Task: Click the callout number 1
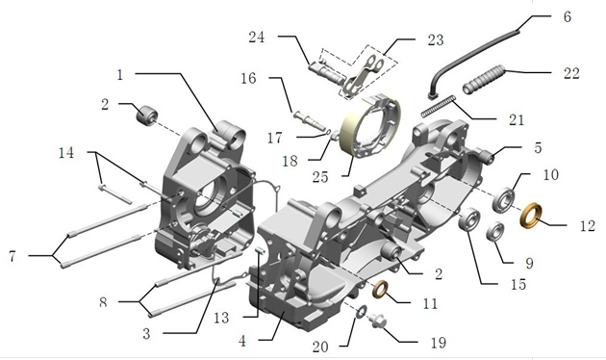point(119,74)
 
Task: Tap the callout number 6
point(567,17)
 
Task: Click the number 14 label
point(65,153)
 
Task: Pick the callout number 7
point(13,256)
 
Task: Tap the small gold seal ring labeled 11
point(380,289)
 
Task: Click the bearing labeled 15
point(470,221)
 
